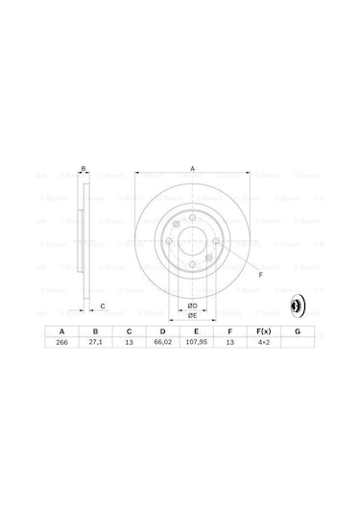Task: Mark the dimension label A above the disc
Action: pos(192,169)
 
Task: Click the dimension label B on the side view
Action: pos(84,169)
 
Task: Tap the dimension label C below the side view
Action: pos(103,306)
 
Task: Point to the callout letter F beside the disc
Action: pos(260,275)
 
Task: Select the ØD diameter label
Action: pos(192,306)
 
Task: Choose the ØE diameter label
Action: pos(192,315)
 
